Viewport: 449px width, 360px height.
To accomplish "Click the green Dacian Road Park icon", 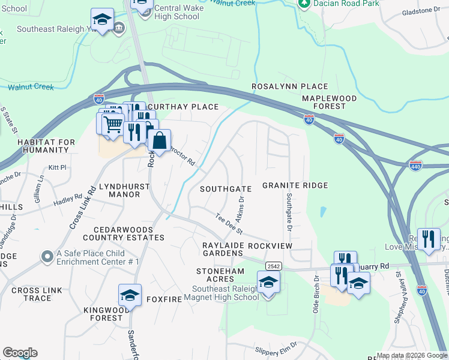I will pyautogui.click(x=304, y=3).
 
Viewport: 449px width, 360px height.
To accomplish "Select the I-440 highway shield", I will pyautogui.click(x=415, y=164).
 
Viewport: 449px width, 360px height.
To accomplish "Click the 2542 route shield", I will pyautogui.click(x=273, y=265).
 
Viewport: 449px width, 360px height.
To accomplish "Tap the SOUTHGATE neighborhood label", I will pyautogui.click(x=226, y=188).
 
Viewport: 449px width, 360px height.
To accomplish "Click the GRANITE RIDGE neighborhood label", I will pyautogui.click(x=295, y=185).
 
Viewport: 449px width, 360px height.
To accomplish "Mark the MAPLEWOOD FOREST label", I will pyautogui.click(x=329, y=102).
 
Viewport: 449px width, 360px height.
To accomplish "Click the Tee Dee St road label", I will pyautogui.click(x=229, y=223).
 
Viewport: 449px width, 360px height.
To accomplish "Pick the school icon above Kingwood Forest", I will pyautogui.click(x=130, y=295).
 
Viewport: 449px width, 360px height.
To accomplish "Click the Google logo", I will pyautogui.click(x=20, y=353).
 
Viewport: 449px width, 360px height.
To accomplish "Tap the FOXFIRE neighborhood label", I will pyautogui.click(x=164, y=298).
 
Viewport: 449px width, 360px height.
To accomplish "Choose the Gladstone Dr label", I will pyautogui.click(x=420, y=11).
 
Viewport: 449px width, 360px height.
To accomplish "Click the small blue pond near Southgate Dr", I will pyautogui.click(x=324, y=212).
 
